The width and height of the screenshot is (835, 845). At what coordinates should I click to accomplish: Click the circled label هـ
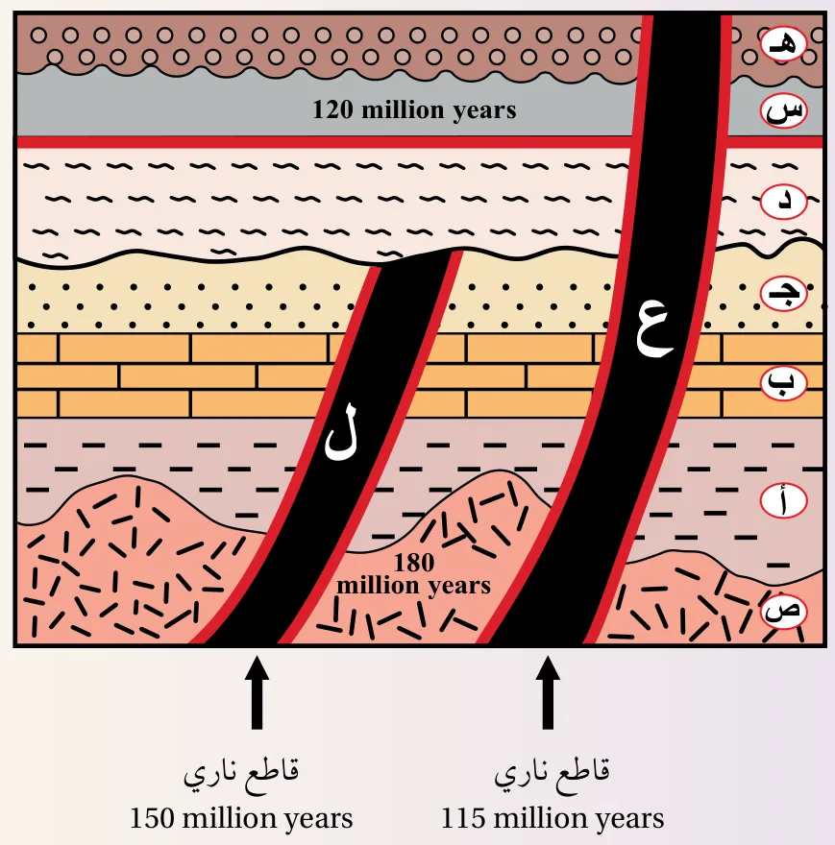pyautogui.click(x=784, y=43)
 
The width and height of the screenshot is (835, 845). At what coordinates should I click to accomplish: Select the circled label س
pyautogui.click(x=784, y=111)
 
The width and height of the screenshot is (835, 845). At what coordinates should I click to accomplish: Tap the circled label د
pyautogui.click(x=784, y=202)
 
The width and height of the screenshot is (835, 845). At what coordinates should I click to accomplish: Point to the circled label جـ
pyautogui.click(x=784, y=293)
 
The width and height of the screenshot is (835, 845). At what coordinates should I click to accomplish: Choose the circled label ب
pyautogui.click(x=784, y=382)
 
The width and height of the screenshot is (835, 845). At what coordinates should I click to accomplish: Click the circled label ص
pyautogui.click(x=784, y=611)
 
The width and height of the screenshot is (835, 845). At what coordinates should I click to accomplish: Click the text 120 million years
pyautogui.click(x=414, y=109)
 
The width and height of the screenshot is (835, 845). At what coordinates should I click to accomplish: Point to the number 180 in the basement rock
pyautogui.click(x=414, y=563)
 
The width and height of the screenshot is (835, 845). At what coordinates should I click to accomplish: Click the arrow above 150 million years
pyautogui.click(x=257, y=692)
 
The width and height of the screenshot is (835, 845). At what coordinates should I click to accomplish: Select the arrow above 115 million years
pyautogui.click(x=548, y=692)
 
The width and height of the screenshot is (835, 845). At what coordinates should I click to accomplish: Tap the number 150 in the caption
pyautogui.click(x=152, y=818)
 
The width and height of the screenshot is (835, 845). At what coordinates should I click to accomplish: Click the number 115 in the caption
pyautogui.click(x=464, y=818)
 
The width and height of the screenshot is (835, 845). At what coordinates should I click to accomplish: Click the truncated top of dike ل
pyautogui.click(x=415, y=257)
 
